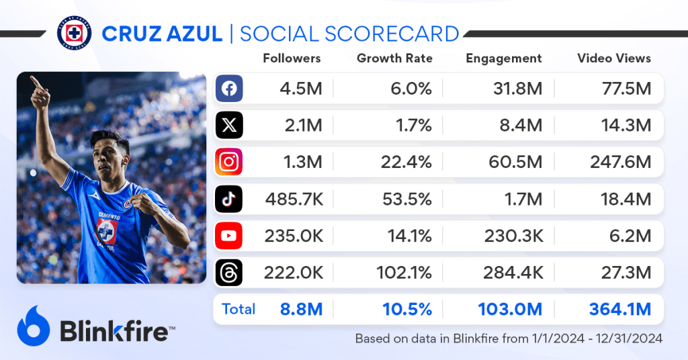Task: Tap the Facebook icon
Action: pos(228,89)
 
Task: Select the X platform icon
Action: pos(228,126)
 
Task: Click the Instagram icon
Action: pos(228,162)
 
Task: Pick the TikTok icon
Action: pos(228,199)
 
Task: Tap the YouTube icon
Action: pos(228,236)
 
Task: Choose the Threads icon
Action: pos(228,272)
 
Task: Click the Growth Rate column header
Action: pos(394,58)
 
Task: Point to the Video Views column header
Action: pos(614,58)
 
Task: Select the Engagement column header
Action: pos(503,58)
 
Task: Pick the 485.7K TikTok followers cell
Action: pos(293,199)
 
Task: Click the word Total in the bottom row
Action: pos(239,309)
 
